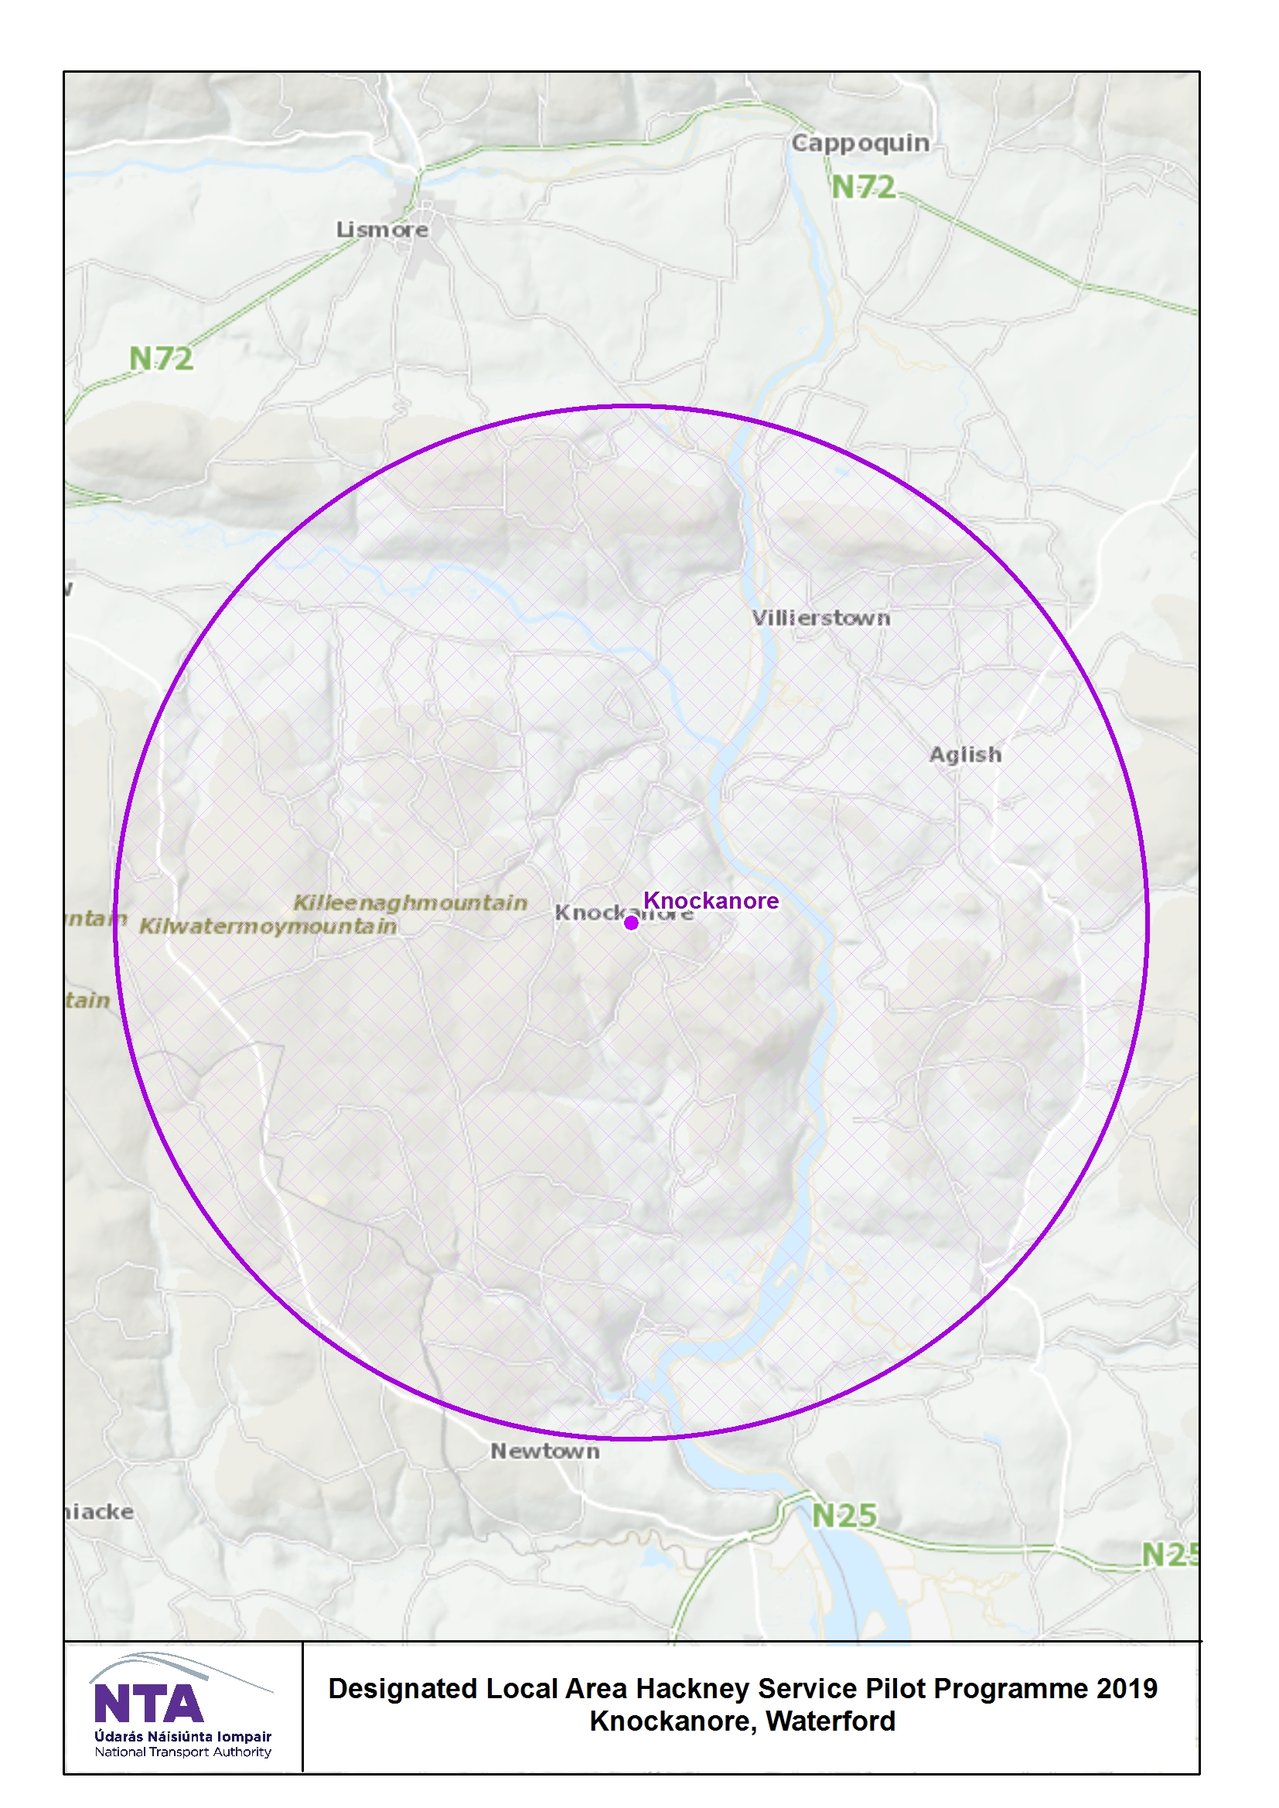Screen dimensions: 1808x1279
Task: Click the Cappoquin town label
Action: (860, 143)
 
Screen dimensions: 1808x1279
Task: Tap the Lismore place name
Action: (383, 230)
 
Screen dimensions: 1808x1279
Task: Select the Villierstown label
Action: (820, 618)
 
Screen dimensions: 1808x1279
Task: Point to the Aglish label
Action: (966, 755)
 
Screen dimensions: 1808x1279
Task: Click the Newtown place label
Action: (545, 1452)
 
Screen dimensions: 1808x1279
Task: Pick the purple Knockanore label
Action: (711, 900)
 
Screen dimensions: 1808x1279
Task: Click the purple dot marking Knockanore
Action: (631, 922)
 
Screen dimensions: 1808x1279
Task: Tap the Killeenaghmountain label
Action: (411, 902)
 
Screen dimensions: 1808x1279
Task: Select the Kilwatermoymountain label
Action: (268, 926)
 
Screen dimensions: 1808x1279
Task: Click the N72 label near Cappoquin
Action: (863, 187)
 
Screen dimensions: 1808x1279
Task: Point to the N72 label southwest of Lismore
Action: (161, 359)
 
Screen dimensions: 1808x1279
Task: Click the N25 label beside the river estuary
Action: (844, 1516)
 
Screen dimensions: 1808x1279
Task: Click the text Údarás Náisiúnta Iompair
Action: (182, 1736)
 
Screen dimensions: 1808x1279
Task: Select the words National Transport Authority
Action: (182, 1752)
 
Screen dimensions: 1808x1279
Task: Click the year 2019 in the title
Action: (1126, 1689)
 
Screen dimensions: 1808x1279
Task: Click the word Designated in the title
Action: (402, 1689)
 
